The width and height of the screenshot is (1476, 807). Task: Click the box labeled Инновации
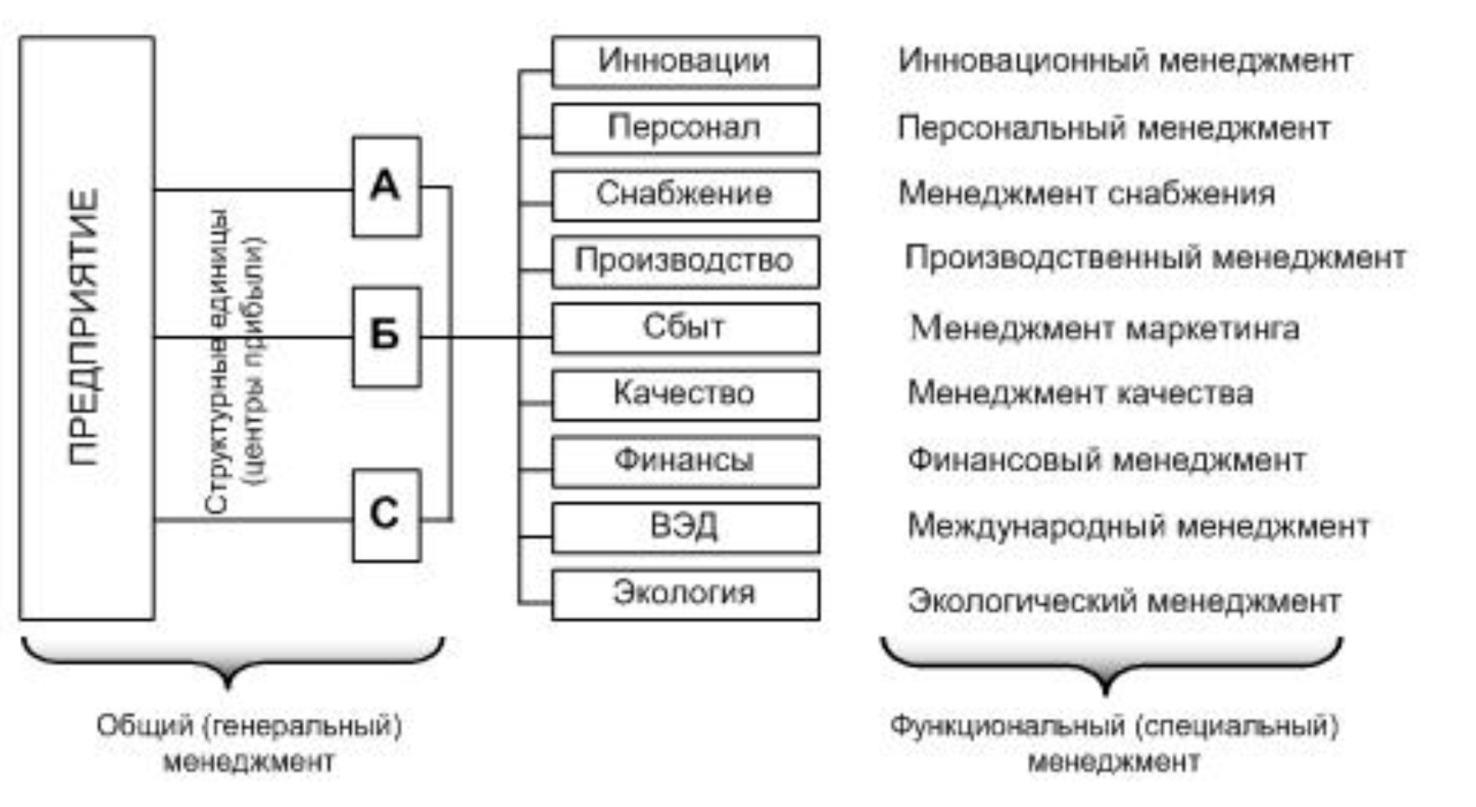point(684,61)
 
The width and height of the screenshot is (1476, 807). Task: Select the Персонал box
point(684,127)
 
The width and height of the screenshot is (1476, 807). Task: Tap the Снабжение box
point(684,194)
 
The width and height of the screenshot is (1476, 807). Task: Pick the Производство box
point(684,261)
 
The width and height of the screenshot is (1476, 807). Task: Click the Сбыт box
point(684,327)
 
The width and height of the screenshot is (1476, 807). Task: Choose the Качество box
point(684,393)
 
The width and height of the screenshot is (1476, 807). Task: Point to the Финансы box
point(684,460)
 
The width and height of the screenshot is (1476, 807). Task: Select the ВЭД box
point(684,526)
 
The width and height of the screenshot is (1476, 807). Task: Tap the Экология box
point(684,593)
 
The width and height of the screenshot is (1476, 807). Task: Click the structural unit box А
point(386,186)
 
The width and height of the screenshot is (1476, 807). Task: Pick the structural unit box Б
point(386,337)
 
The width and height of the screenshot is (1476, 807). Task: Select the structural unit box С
point(386,515)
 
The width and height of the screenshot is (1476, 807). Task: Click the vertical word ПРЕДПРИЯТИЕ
point(85,327)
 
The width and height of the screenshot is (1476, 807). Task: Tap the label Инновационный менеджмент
point(1124,60)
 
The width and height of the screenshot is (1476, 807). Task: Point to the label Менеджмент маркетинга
point(1104,328)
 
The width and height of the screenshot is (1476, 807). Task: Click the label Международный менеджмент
point(1138,526)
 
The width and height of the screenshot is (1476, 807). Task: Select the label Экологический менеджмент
point(1124,601)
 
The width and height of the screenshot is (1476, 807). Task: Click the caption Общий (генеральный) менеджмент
point(249,742)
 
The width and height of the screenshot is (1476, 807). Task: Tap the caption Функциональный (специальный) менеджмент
point(1113,742)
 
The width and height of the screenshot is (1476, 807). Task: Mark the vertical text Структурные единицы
point(217,360)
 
